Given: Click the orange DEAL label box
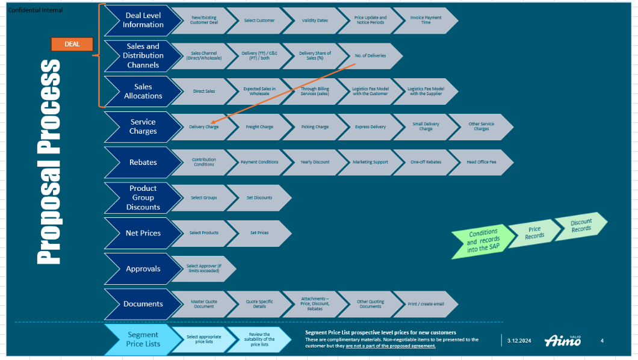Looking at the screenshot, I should pos(72,44).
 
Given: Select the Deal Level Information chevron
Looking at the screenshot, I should pos(143,20).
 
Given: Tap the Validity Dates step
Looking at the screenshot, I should pos(315,20).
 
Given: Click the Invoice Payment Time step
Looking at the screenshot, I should pos(426,20).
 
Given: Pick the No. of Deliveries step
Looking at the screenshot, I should pos(370,55).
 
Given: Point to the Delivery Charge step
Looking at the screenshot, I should pos(204,127).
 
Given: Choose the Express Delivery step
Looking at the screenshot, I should pos(370,127).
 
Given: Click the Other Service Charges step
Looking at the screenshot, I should pos(481,127).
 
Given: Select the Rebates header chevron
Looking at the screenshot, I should pos(143,162).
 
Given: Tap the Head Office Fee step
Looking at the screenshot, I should pos(481,162).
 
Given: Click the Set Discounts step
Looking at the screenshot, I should pos(259,197).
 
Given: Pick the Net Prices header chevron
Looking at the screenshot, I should pos(143,233).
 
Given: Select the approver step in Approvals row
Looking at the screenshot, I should pos(204,268).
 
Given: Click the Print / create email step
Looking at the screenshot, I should pos(426,304).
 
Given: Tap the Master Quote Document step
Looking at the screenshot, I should pos(204,304).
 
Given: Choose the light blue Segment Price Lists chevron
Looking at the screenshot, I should pos(143,339).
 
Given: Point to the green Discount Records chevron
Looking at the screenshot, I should pos(581,225).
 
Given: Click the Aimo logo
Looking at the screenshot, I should pos(563,341).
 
